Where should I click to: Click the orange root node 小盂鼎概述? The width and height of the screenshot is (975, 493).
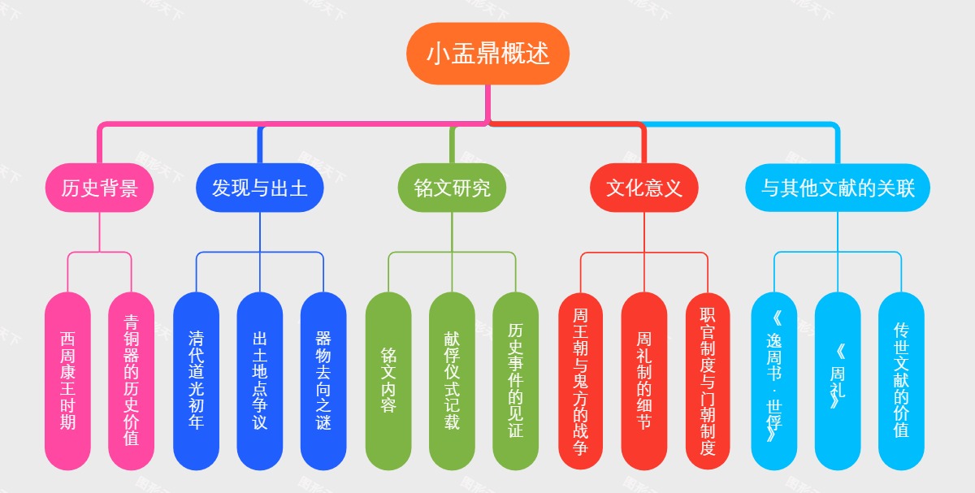(487, 54)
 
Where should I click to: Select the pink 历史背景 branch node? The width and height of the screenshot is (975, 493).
(99, 188)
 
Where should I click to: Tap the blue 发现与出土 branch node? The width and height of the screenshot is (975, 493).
(260, 188)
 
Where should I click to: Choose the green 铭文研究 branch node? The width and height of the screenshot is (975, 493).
(452, 188)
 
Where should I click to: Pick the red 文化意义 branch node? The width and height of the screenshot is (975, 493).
(644, 188)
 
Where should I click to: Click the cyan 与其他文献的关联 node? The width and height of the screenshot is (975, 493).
(838, 188)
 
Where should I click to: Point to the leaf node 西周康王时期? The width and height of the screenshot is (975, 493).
(67, 380)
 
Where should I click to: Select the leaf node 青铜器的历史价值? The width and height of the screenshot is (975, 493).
(132, 380)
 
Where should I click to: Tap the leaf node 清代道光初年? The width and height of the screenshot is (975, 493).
(196, 380)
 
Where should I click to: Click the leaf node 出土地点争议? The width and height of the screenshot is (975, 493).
(260, 380)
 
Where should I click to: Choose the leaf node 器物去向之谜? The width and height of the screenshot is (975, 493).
(323, 380)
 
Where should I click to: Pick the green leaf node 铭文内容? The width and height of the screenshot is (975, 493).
(388, 380)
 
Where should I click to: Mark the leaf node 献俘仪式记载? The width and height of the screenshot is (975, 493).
(452, 380)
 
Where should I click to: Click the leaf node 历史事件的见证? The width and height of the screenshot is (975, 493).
(516, 380)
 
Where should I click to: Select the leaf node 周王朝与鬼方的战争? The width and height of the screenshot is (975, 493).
(581, 380)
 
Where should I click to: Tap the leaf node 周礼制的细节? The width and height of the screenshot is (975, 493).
(644, 380)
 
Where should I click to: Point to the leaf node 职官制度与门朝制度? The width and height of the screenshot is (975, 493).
(708, 380)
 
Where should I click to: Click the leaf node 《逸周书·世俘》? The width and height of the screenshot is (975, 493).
(773, 380)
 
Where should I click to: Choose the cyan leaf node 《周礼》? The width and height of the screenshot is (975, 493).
(838, 380)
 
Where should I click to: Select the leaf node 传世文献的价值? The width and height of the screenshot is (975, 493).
(901, 380)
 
